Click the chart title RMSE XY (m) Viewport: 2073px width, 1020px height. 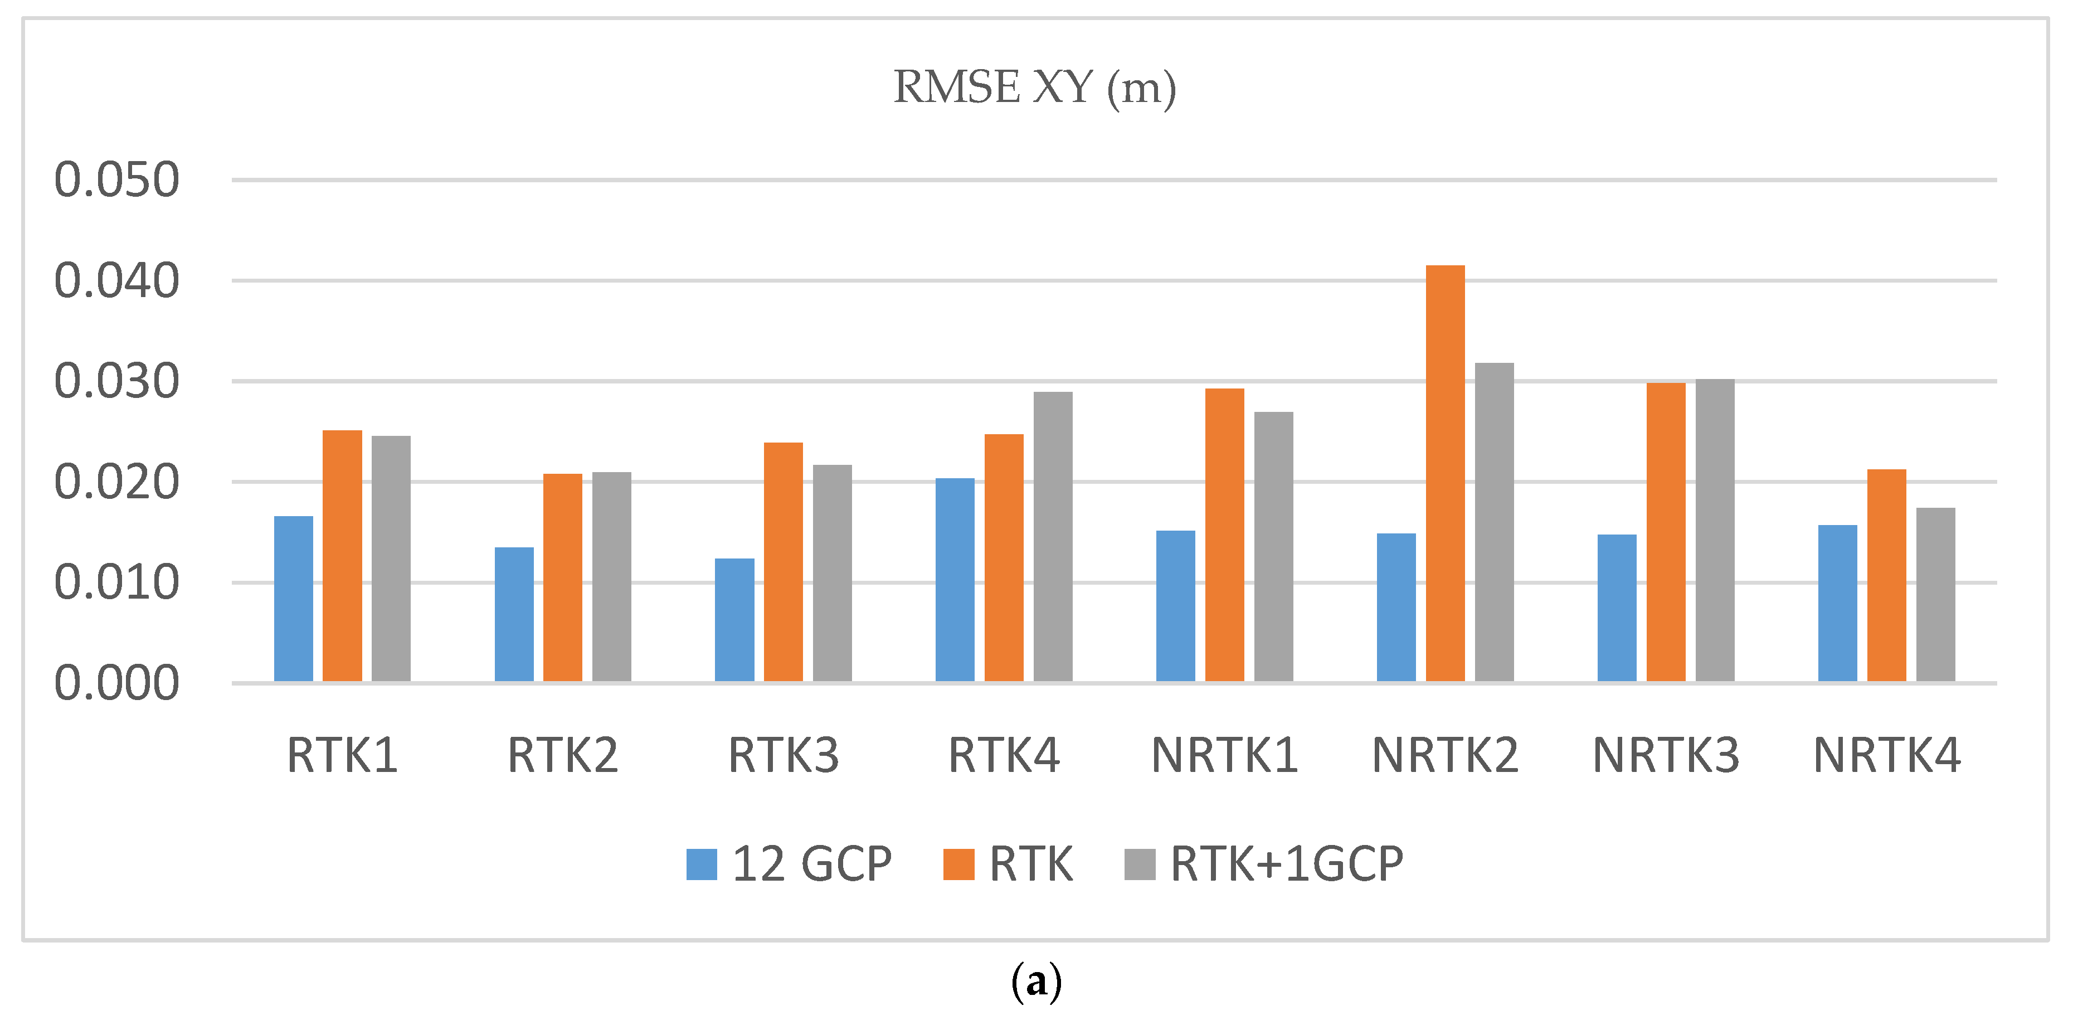[1035, 87]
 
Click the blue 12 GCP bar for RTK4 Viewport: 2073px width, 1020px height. [955, 580]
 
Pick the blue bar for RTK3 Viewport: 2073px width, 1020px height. [734, 620]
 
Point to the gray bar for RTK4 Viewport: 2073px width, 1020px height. [1053, 536]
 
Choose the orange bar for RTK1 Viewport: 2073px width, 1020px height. [342, 556]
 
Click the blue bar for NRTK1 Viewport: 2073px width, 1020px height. [1176, 605]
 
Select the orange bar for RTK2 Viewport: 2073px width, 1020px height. [562, 577]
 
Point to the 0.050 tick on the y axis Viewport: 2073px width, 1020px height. [116, 179]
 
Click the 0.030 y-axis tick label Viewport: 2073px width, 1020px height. [116, 382]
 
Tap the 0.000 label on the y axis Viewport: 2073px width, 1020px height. [116, 683]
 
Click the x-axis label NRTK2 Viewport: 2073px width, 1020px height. [1446, 755]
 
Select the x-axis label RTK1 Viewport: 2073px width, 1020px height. [342, 755]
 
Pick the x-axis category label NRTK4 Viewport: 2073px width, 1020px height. [1887, 755]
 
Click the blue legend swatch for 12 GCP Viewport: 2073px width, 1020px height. [702, 864]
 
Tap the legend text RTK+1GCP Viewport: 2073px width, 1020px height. [1286, 864]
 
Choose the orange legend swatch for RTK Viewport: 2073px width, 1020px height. [958, 864]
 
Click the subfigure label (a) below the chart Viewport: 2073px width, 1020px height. [1036, 982]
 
